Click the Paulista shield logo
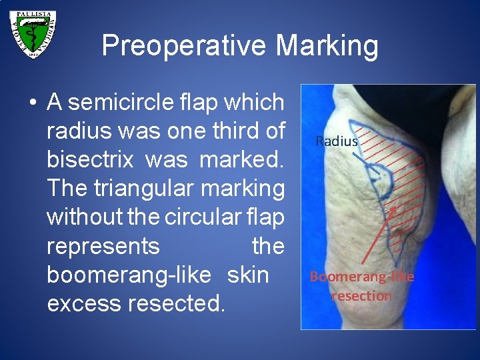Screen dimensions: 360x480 point(33,34)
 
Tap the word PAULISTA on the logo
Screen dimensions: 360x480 point(33,14)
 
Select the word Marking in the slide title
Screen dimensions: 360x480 point(327,46)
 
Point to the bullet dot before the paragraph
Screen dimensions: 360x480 point(32,103)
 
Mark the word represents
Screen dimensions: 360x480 point(103,246)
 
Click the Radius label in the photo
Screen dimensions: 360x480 point(337,141)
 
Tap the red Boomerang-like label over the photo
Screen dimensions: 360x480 point(362,277)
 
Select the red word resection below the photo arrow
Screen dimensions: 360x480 point(362,296)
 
